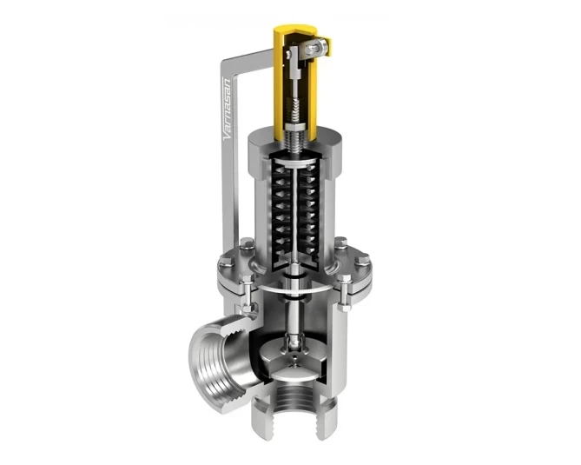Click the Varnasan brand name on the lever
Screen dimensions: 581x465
pos(228,109)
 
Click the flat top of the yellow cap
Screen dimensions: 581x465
pos(295,29)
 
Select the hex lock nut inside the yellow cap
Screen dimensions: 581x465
pos(295,127)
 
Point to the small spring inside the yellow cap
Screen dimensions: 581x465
pos(295,108)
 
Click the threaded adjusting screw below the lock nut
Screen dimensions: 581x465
pos(295,142)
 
